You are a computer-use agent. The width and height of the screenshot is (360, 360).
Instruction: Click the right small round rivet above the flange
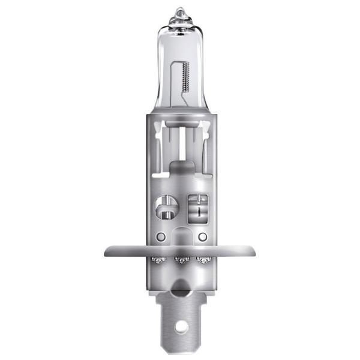coord(202,236)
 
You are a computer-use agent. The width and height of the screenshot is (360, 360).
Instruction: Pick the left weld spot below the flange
coord(158,260)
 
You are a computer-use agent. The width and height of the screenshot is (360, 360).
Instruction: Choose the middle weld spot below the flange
coord(179,260)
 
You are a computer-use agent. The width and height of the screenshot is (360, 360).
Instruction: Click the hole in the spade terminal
coord(179,328)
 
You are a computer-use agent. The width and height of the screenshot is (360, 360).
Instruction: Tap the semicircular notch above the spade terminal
coord(179,292)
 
